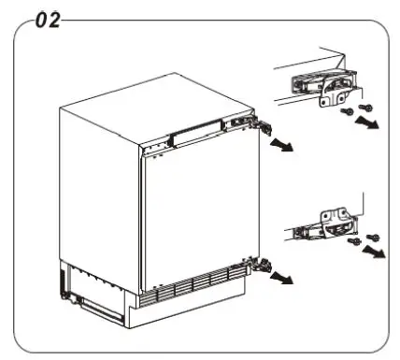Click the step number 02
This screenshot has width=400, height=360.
tap(42, 19)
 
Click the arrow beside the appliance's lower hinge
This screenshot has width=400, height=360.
tap(279, 276)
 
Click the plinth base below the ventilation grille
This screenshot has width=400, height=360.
tap(187, 309)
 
